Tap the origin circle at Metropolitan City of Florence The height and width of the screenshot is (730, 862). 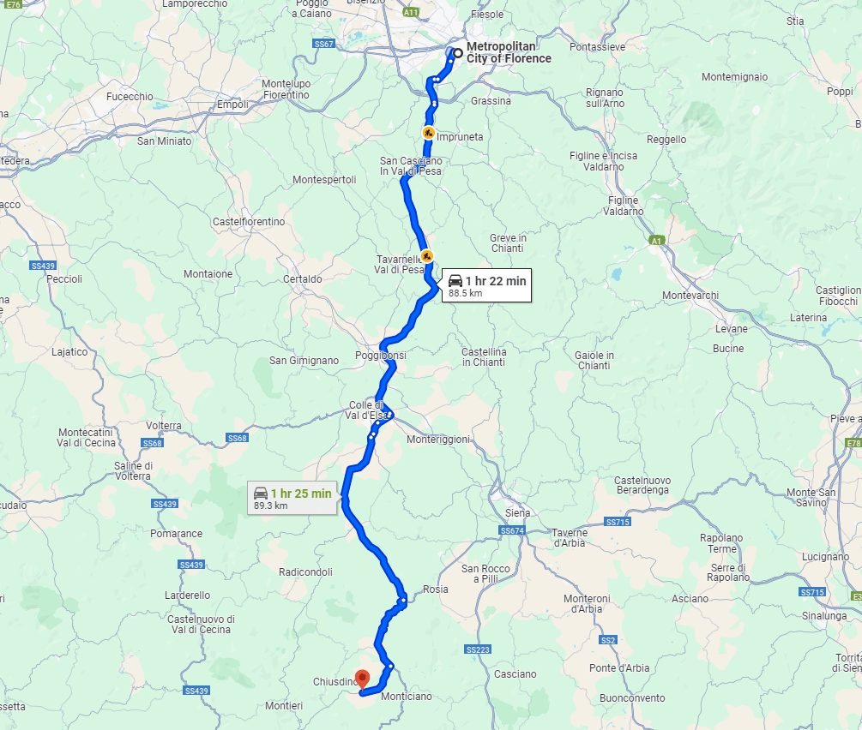458,54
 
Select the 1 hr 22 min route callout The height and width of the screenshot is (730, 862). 486,285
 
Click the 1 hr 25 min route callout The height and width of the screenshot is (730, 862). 292,498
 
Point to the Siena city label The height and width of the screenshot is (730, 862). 518,512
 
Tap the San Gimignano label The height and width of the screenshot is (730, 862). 304,361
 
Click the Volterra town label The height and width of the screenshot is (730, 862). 164,426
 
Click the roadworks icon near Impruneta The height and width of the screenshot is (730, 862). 428,133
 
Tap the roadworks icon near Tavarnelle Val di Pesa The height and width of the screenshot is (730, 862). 426,255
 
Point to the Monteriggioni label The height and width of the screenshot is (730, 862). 438,440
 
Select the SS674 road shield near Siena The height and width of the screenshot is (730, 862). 512,531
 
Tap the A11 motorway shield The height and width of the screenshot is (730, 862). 412,12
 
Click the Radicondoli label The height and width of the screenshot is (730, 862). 305,572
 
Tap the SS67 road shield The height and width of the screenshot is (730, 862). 323,43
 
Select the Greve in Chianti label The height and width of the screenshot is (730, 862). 508,243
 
